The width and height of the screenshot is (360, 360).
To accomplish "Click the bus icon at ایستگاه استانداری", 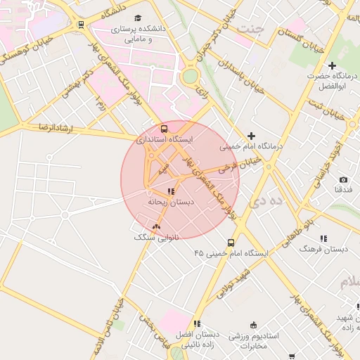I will (x=164, y=129).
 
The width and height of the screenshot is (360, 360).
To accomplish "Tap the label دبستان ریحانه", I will (x=170, y=202).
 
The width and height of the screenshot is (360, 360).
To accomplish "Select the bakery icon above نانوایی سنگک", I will (x=156, y=226).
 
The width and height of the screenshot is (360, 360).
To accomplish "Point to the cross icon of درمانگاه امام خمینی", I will (x=251, y=136).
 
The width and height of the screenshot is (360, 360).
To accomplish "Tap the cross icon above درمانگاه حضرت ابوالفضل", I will (x=332, y=65).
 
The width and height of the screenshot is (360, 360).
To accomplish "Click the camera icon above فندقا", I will (x=343, y=180).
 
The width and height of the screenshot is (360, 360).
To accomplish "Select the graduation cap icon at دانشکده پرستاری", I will (x=138, y=18).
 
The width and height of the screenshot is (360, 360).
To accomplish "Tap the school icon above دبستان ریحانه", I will (x=170, y=191).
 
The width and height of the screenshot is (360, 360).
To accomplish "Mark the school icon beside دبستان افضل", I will (x=197, y=324).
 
